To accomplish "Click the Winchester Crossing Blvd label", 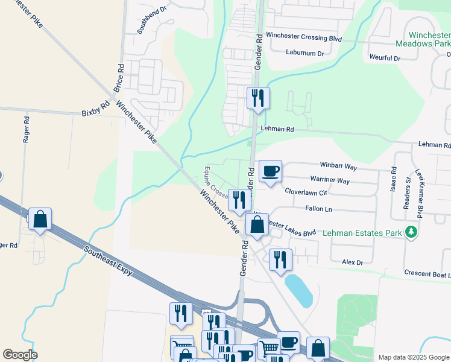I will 304,37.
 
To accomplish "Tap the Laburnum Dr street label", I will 305,53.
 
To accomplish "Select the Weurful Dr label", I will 385,58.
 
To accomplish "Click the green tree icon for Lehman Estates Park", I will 411,232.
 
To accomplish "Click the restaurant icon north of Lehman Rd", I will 258,98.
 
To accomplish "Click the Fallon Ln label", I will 320,209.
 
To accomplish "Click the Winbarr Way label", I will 338,165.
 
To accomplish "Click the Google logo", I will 20,355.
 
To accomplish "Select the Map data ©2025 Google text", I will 413,357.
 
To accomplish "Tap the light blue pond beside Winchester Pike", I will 298,290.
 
